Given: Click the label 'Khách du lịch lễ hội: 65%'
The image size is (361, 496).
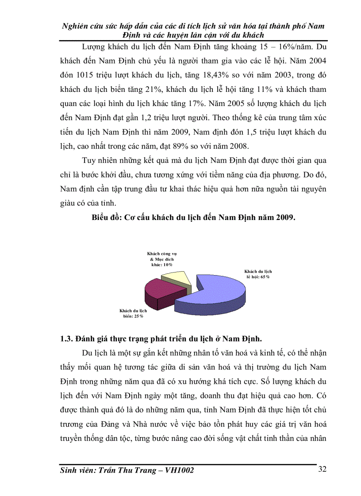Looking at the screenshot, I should pos(259,273).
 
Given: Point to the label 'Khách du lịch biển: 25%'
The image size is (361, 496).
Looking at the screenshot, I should pos(134,313).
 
